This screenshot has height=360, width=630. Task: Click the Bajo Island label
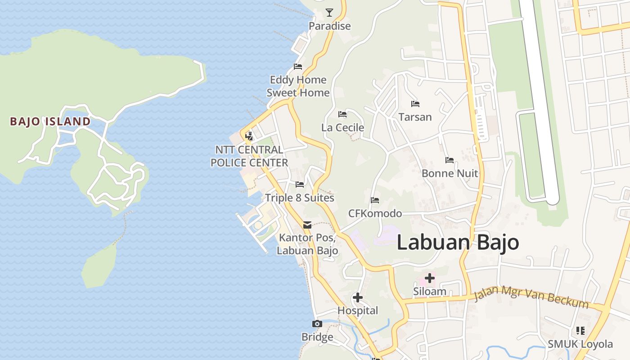tap(50, 121)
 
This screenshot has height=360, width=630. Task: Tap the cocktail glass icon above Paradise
tap(329, 13)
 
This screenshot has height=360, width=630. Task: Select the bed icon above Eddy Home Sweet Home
tap(297, 67)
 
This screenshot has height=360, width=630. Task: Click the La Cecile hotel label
tap(342, 128)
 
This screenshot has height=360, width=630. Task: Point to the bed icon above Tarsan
tap(415, 104)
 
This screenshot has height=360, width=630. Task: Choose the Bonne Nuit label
tap(450, 173)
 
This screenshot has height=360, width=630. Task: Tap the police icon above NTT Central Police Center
tap(249, 135)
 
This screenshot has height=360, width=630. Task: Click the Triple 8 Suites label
tap(299, 198)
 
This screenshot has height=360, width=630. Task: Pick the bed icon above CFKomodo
tap(374, 200)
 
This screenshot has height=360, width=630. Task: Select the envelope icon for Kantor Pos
tap(307, 225)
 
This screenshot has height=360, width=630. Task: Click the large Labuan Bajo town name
tap(458, 243)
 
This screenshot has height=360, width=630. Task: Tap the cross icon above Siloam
tap(429, 278)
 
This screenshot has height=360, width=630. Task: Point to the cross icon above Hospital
tap(357, 297)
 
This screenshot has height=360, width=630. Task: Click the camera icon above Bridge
tap(317, 324)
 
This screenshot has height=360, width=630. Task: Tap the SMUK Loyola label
tap(580, 344)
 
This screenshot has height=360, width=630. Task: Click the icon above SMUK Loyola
tap(580, 331)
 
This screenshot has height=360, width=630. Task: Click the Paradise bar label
tap(329, 26)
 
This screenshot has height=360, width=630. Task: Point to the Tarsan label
tap(415, 117)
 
